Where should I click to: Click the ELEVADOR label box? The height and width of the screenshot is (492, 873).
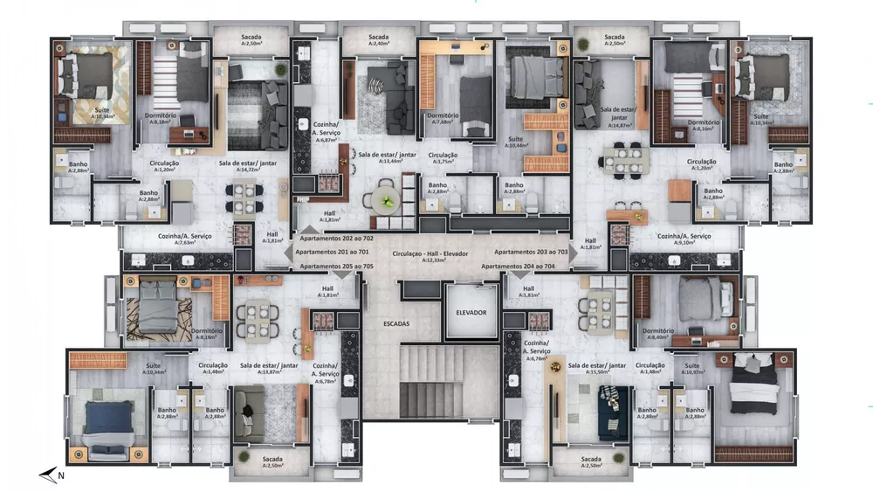[471, 313]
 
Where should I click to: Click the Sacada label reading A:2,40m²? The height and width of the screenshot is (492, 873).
[378, 40]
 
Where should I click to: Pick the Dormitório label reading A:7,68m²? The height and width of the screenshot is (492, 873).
[443, 119]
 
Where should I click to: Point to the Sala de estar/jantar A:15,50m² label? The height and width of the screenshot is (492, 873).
[597, 369]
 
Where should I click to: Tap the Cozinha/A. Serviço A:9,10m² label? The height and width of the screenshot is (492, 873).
[684, 239]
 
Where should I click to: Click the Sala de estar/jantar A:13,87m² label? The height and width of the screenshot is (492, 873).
[270, 369]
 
